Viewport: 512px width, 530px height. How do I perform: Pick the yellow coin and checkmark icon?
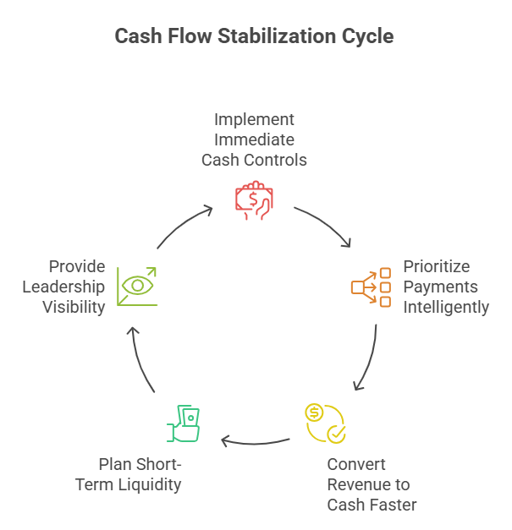[x=325, y=423]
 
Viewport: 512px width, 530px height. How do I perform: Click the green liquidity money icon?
[x=185, y=423]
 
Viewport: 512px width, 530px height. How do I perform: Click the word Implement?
[x=254, y=119]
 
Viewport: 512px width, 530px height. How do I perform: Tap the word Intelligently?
[x=446, y=307]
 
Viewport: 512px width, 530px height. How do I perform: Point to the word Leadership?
[x=63, y=287]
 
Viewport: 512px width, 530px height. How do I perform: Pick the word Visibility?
[x=74, y=307]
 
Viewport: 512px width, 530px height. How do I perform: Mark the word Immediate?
[x=254, y=139]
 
